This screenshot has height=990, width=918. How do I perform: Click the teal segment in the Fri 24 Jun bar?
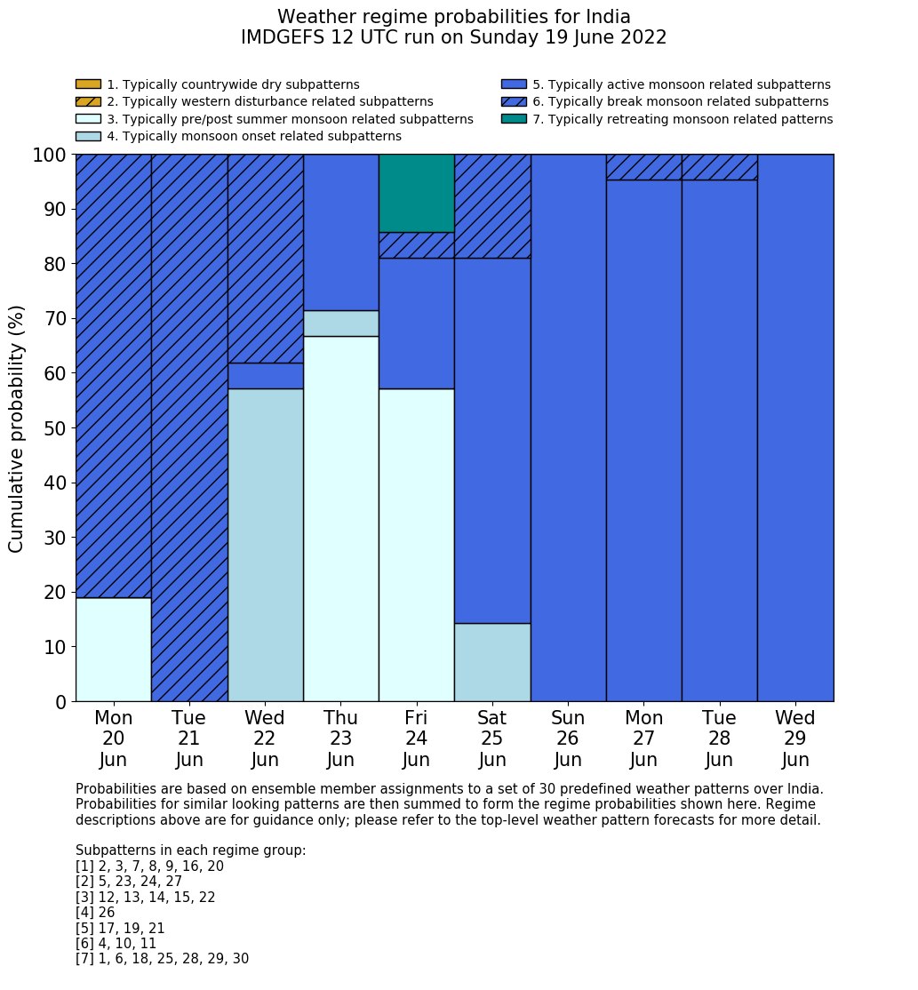tap(416, 193)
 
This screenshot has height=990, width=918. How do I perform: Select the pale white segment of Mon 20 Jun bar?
tap(113, 649)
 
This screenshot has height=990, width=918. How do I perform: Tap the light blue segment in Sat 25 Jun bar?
tap(492, 662)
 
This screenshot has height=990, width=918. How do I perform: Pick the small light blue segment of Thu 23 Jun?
tap(340, 323)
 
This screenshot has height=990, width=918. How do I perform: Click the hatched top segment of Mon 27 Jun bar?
tap(643, 167)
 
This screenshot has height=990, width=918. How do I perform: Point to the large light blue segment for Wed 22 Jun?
tap(265, 545)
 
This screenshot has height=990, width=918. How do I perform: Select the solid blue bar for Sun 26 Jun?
tap(568, 427)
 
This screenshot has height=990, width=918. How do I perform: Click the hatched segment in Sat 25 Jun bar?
tap(492, 206)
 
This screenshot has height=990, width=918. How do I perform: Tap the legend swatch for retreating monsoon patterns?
tap(514, 119)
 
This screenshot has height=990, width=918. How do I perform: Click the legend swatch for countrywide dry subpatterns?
tap(88, 84)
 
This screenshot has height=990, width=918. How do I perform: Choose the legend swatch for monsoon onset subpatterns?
tap(88, 136)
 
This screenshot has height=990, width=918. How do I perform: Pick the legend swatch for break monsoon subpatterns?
tap(514, 101)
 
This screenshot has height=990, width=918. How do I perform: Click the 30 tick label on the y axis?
tap(54, 538)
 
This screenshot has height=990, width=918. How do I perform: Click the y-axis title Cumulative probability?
tap(17, 428)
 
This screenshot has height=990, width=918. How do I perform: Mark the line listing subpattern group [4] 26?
tap(95, 913)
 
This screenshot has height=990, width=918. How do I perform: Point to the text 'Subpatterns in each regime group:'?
tap(190, 850)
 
